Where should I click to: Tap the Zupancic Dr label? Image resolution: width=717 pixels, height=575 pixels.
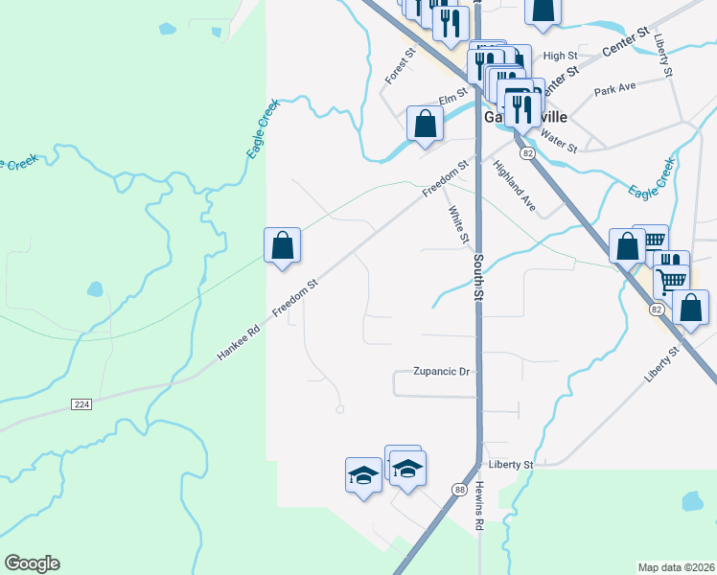tap(442, 372)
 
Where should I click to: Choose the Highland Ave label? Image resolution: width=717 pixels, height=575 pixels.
tap(514, 185)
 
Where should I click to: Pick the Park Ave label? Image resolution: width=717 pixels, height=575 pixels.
tap(615, 90)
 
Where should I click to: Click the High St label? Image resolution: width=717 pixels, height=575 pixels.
tap(555, 57)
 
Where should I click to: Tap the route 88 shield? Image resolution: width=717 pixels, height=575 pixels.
tap(458, 490)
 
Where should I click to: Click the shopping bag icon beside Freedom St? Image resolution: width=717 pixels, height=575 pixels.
tap(283, 245)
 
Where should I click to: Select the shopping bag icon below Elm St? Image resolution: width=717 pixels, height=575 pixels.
tap(425, 123)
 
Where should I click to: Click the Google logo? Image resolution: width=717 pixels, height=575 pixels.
tap(32, 563)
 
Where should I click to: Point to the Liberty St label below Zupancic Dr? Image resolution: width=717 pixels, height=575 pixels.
tap(510, 465)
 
